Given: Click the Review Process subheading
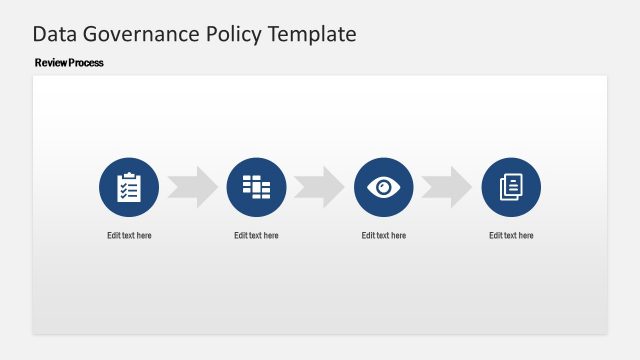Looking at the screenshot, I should click(69, 63).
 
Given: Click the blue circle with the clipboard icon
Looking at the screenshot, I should click(129, 187).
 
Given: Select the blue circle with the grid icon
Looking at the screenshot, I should click(256, 187).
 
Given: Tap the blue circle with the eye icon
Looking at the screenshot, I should click(384, 187).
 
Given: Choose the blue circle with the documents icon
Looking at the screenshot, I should click(511, 187).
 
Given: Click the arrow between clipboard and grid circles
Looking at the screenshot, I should click(192, 187).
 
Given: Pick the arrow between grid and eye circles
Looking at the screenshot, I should click(320, 187).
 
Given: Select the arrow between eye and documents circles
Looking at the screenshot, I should click(447, 187).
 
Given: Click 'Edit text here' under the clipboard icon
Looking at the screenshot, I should click(129, 236).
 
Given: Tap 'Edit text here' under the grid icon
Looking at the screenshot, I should click(256, 236).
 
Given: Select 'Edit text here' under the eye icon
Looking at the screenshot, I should click(384, 236).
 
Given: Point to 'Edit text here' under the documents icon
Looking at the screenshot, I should click(511, 236).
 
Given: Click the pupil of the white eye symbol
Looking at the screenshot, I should click(384, 187).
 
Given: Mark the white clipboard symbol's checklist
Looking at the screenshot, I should click(129, 189).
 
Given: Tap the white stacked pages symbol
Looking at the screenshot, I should click(511, 187).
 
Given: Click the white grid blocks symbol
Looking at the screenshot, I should click(256, 186).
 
